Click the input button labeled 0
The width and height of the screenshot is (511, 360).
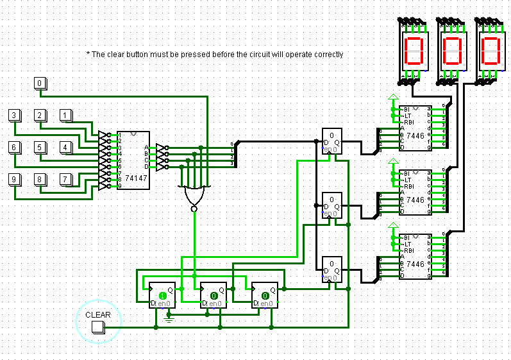pos(40,83)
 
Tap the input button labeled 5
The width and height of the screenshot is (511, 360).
pos(40,148)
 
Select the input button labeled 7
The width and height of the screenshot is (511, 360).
pos(66,179)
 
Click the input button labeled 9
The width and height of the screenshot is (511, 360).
pos(15,179)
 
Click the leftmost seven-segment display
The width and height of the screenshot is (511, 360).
pos(414,51)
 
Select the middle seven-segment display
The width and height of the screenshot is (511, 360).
pos(453,51)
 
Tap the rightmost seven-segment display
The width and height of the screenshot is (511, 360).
pos(491,51)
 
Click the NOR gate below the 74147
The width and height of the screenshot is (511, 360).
pos(193,194)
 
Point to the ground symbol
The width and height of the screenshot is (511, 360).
pos(169,315)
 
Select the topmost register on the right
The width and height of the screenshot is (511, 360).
pos(331,141)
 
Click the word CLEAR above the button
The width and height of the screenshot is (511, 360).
pos(98,315)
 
